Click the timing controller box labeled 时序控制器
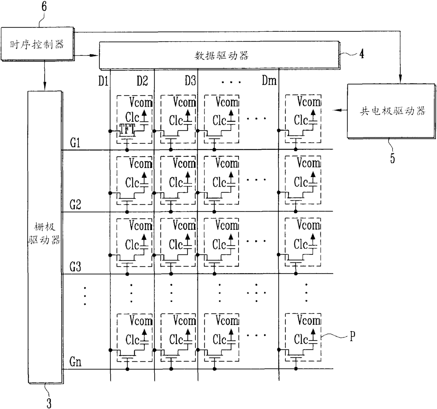pos(37,44)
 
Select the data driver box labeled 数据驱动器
pos(218,55)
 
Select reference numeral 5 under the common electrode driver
pos(392,158)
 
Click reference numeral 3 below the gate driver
pos(49,402)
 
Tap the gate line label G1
pos(75,143)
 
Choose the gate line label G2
pos(75,205)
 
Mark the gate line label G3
pos(75,267)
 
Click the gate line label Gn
pos(75,362)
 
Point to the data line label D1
pos(103,82)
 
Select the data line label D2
pos(142,82)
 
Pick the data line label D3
pos(190,82)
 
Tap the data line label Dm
pos(269,82)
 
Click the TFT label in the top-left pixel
pos(127,129)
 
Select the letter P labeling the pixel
pos(352,336)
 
